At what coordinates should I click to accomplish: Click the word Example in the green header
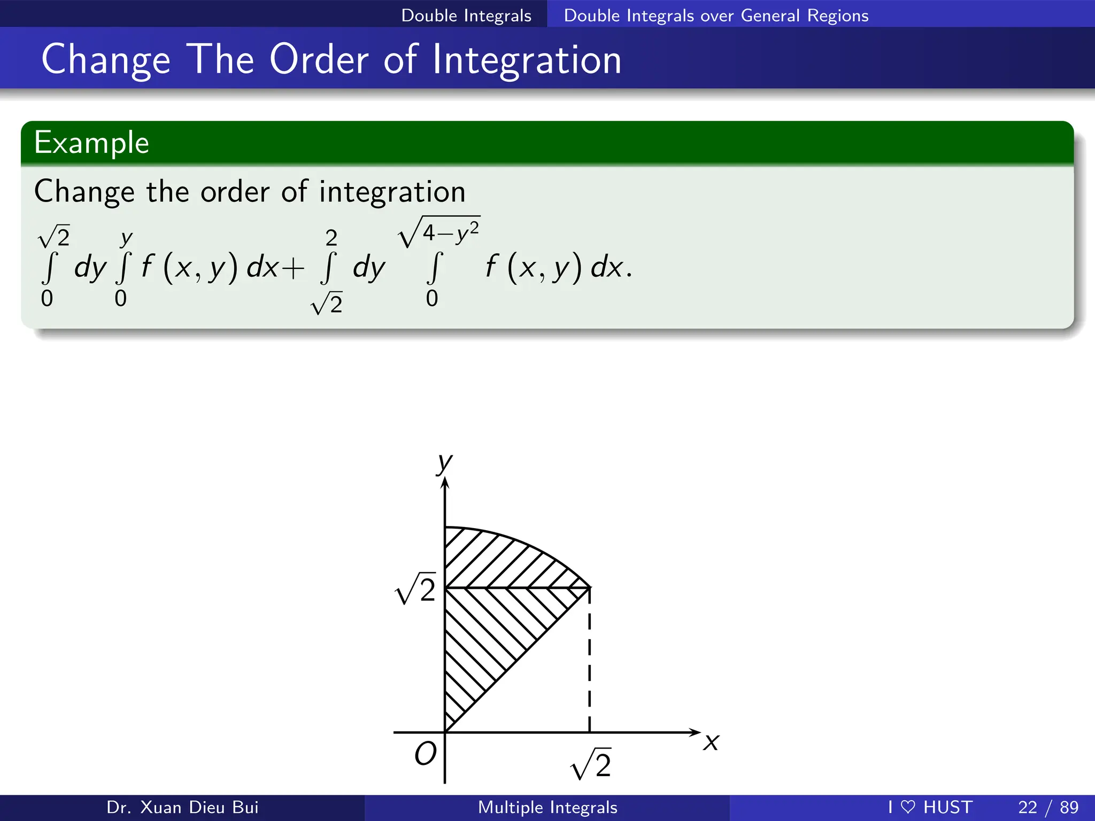(x=91, y=143)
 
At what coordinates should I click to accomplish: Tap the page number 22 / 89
(x=1048, y=807)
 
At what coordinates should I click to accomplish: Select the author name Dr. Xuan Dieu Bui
(x=182, y=807)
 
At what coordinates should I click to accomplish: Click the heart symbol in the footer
(x=908, y=807)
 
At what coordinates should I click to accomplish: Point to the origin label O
(x=426, y=754)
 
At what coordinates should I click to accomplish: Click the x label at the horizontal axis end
(x=712, y=742)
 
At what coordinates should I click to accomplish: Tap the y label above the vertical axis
(x=444, y=463)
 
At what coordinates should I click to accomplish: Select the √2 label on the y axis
(x=416, y=590)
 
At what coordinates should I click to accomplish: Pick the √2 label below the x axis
(x=591, y=764)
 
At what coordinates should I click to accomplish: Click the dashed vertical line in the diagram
(x=589, y=663)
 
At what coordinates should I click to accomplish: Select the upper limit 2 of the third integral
(x=331, y=237)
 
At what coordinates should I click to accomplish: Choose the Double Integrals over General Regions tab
(x=716, y=16)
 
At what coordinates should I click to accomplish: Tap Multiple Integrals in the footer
(x=547, y=807)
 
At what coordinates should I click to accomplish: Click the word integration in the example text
(x=392, y=191)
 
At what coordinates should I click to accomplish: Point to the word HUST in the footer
(x=947, y=807)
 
